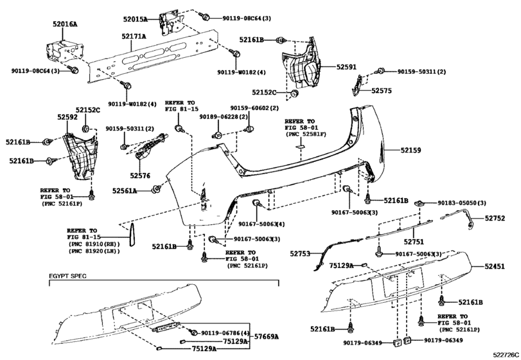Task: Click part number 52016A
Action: [x=64, y=24]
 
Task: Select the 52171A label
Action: [x=134, y=36]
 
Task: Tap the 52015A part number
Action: [x=136, y=19]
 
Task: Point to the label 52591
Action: [x=346, y=67]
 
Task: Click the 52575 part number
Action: [x=382, y=91]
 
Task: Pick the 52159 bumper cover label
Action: [x=411, y=150]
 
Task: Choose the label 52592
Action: [x=67, y=117]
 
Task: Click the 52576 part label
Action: [x=140, y=175]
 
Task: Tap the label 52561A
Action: [x=125, y=191]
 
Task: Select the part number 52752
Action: [x=495, y=218]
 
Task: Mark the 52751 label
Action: [x=414, y=242]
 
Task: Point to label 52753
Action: [x=300, y=254]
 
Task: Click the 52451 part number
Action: [x=495, y=266]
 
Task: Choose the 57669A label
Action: [x=267, y=337]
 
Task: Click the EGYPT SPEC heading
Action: [x=67, y=276]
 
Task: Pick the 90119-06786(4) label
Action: [x=225, y=333]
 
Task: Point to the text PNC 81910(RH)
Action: [x=94, y=245]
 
